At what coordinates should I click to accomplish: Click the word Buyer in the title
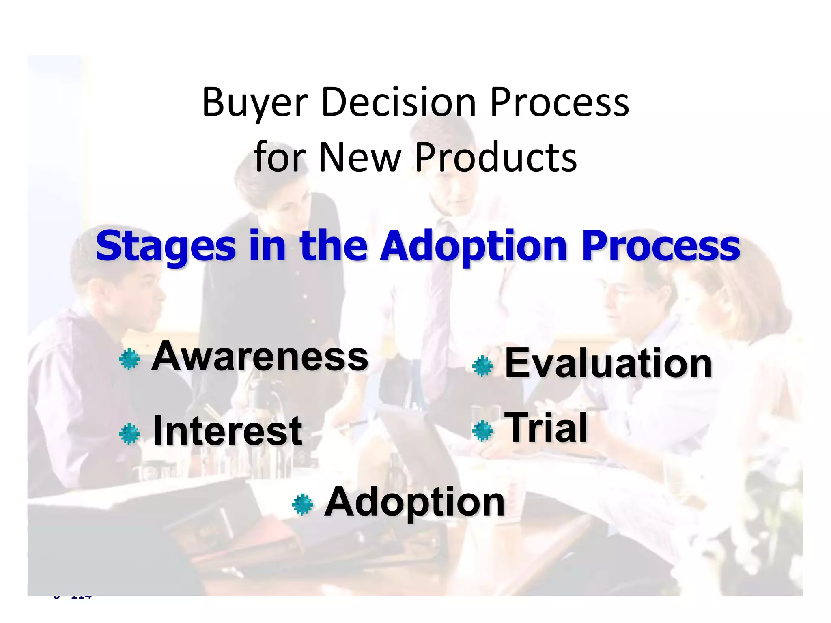click(x=255, y=103)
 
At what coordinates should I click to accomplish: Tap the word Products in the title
click(x=495, y=158)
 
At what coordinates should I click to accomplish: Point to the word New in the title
click(x=360, y=158)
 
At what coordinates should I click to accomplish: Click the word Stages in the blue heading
click(x=166, y=247)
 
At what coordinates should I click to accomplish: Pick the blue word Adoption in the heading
click(x=473, y=247)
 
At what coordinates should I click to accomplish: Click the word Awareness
click(x=260, y=357)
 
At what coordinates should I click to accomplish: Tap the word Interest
click(x=228, y=431)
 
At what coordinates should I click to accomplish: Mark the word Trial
click(x=546, y=428)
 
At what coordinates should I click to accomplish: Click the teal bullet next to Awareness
click(x=129, y=359)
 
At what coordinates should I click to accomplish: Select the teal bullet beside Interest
click(x=129, y=434)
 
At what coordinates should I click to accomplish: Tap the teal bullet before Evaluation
click(x=483, y=366)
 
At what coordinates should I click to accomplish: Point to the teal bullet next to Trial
click(x=483, y=431)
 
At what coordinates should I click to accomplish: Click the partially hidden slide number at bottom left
click(x=73, y=596)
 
